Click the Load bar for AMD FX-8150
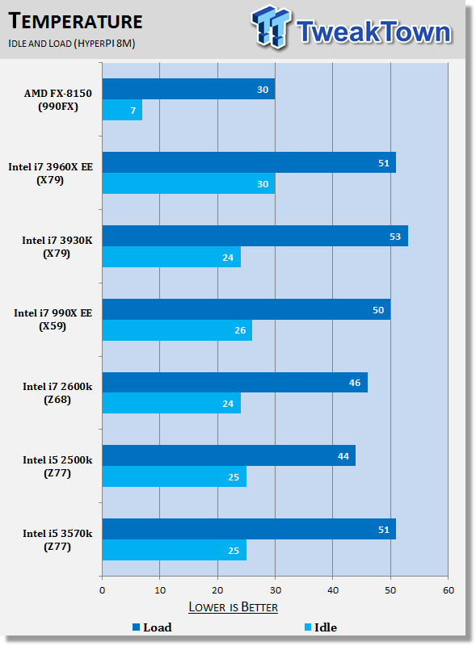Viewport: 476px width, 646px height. click(x=188, y=89)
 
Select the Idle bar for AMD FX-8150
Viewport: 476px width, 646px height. click(x=122, y=110)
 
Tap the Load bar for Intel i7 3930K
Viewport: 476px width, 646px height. click(x=255, y=236)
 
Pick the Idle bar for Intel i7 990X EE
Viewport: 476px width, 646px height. click(x=177, y=330)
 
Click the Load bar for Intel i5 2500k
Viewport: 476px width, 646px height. click(x=229, y=455)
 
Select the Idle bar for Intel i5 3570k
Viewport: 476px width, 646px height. click(x=175, y=550)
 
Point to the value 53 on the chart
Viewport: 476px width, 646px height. click(x=395, y=237)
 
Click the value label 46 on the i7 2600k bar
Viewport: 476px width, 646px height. click(x=355, y=383)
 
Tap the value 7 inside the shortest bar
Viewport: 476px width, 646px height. click(x=133, y=111)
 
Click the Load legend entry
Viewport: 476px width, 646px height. click(x=152, y=627)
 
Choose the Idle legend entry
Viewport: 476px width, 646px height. click(x=321, y=627)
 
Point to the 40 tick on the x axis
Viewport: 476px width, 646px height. click(x=333, y=590)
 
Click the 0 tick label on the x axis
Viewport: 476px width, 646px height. click(x=103, y=590)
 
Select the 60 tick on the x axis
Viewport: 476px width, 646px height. click(x=449, y=590)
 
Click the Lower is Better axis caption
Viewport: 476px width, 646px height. click(x=233, y=607)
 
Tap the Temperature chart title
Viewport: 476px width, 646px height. click(x=75, y=21)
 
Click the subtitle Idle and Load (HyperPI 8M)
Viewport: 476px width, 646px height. click(x=72, y=44)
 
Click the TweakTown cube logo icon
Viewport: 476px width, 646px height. click(x=271, y=27)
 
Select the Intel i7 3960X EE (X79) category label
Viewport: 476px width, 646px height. click(x=50, y=174)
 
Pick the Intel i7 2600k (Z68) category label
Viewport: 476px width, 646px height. click(x=57, y=393)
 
